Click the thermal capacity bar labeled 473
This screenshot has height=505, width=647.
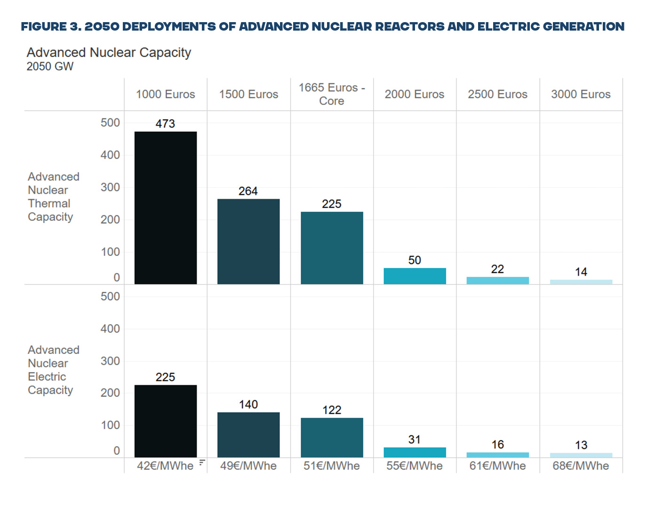pyautogui.click(x=165, y=208)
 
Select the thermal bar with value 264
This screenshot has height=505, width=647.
pyautogui.click(x=248, y=241)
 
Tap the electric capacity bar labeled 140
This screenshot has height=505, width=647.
pyautogui.click(x=248, y=434)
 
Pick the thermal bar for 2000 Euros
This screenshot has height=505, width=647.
pyautogui.click(x=415, y=276)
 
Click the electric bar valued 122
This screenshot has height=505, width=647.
pyautogui.click(x=332, y=437)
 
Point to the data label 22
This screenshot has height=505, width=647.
pyautogui.click(x=497, y=269)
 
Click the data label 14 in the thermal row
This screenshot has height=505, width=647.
pyautogui.click(x=581, y=272)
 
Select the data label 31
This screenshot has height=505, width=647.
pyautogui.click(x=414, y=440)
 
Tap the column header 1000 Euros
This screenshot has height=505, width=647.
pyautogui.click(x=165, y=94)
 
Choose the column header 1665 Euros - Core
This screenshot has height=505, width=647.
pyautogui.click(x=332, y=94)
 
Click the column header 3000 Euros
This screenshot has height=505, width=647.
pyautogui.click(x=581, y=94)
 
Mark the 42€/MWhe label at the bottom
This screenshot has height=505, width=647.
pyautogui.click(x=165, y=466)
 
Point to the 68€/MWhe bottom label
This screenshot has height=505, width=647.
pyautogui.click(x=581, y=466)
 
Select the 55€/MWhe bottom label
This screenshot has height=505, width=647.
pyautogui.click(x=415, y=466)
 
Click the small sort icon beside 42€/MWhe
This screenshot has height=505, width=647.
pyautogui.click(x=202, y=463)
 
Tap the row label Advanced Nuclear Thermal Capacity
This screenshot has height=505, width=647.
pyautogui.click(x=53, y=197)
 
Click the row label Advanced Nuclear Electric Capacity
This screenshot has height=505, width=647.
pyautogui.click(x=53, y=370)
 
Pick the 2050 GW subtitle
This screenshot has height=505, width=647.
pyautogui.click(x=50, y=66)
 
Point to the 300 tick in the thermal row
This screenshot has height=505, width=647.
pyautogui.click(x=110, y=187)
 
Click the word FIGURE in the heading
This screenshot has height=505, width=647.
pyautogui.click(x=43, y=26)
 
